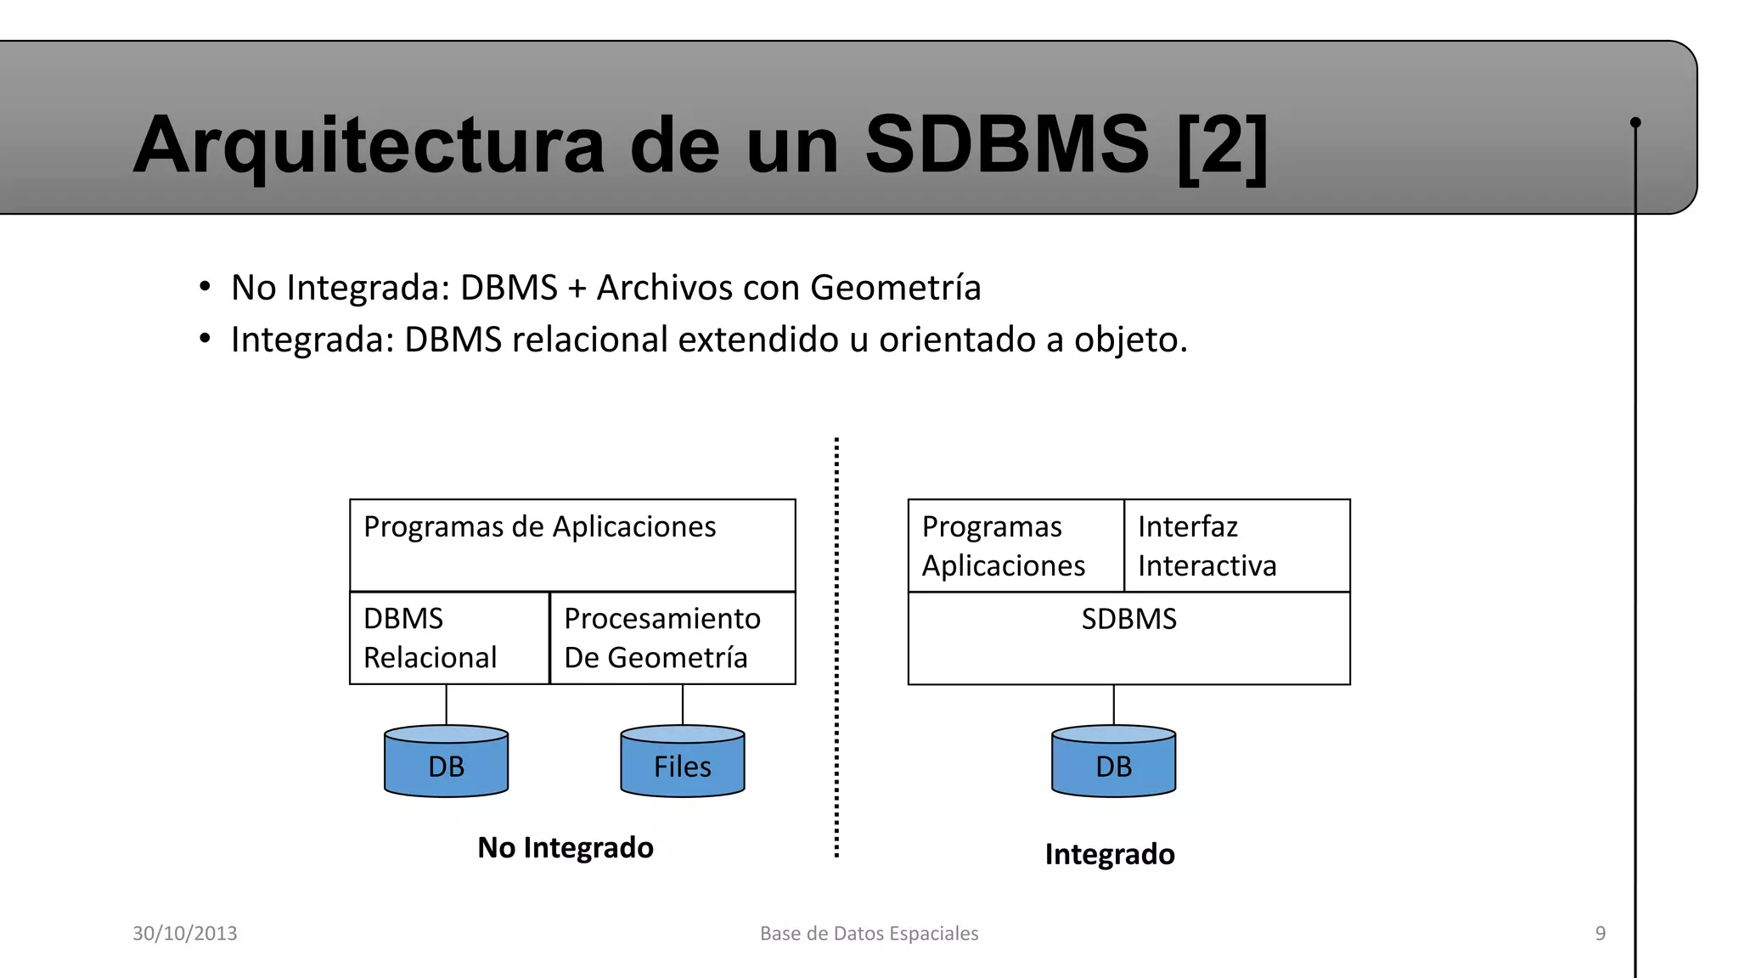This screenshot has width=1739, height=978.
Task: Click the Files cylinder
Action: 683,762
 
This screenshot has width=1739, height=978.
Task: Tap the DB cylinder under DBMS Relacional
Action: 447,762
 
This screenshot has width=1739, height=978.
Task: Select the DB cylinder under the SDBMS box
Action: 1113,762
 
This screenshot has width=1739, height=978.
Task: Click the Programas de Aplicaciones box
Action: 572,545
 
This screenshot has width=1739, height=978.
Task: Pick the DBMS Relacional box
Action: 449,638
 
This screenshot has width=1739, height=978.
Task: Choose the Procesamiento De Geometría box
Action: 673,638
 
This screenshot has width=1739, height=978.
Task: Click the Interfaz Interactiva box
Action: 1236,546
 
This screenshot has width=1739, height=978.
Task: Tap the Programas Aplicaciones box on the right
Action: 1016,546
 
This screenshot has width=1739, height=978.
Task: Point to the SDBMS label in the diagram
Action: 1128,619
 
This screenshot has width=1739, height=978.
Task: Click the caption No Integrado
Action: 566,847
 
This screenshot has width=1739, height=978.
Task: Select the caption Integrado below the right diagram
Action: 1110,854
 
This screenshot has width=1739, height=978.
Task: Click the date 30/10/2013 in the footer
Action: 185,933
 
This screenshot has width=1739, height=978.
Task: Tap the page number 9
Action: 1601,933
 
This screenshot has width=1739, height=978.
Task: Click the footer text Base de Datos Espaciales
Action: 869,933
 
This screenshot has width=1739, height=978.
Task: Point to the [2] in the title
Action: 1223,145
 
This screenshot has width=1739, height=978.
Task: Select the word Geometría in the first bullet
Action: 896,288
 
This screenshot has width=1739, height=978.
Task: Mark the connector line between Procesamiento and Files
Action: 683,705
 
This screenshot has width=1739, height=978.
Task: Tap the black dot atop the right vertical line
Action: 1635,122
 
